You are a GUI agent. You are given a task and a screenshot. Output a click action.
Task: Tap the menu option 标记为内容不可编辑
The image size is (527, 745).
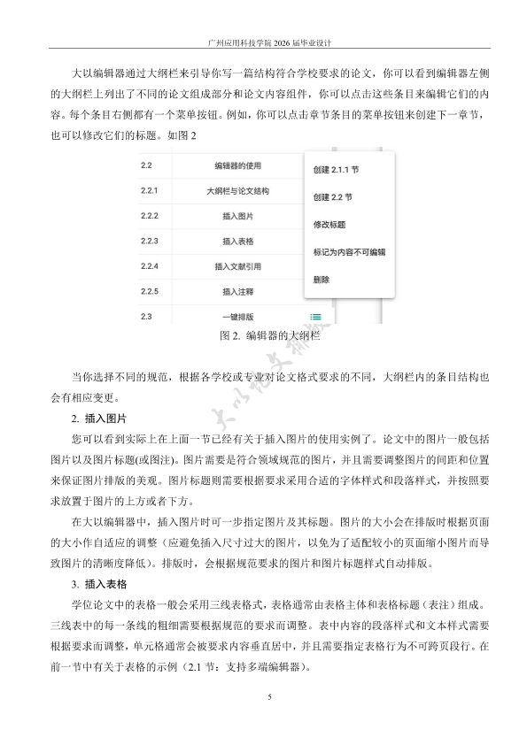[x=349, y=252]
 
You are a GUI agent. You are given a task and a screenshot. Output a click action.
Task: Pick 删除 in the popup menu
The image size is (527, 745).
[x=321, y=280]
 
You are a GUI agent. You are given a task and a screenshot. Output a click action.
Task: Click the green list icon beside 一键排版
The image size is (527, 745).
[x=315, y=316]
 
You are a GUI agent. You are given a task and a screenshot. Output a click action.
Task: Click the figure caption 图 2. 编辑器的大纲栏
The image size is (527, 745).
[x=263, y=336]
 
